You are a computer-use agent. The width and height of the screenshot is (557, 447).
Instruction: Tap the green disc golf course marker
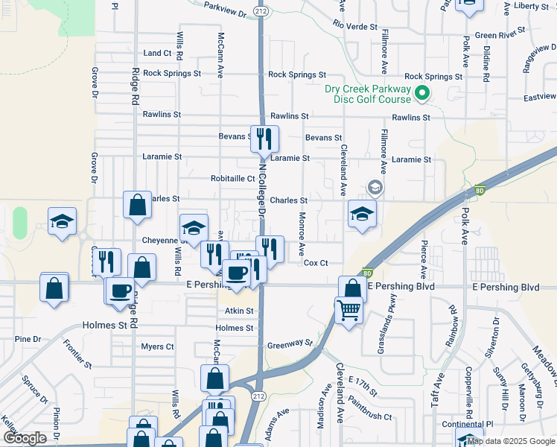[x=421, y=94]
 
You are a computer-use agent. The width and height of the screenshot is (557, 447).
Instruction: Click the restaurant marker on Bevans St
[x=264, y=139]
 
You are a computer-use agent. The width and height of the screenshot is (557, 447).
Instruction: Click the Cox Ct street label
[x=316, y=263]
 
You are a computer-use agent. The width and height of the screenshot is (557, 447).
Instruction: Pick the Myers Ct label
[x=157, y=346]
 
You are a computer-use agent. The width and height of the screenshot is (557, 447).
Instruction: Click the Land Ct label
[x=157, y=54]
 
